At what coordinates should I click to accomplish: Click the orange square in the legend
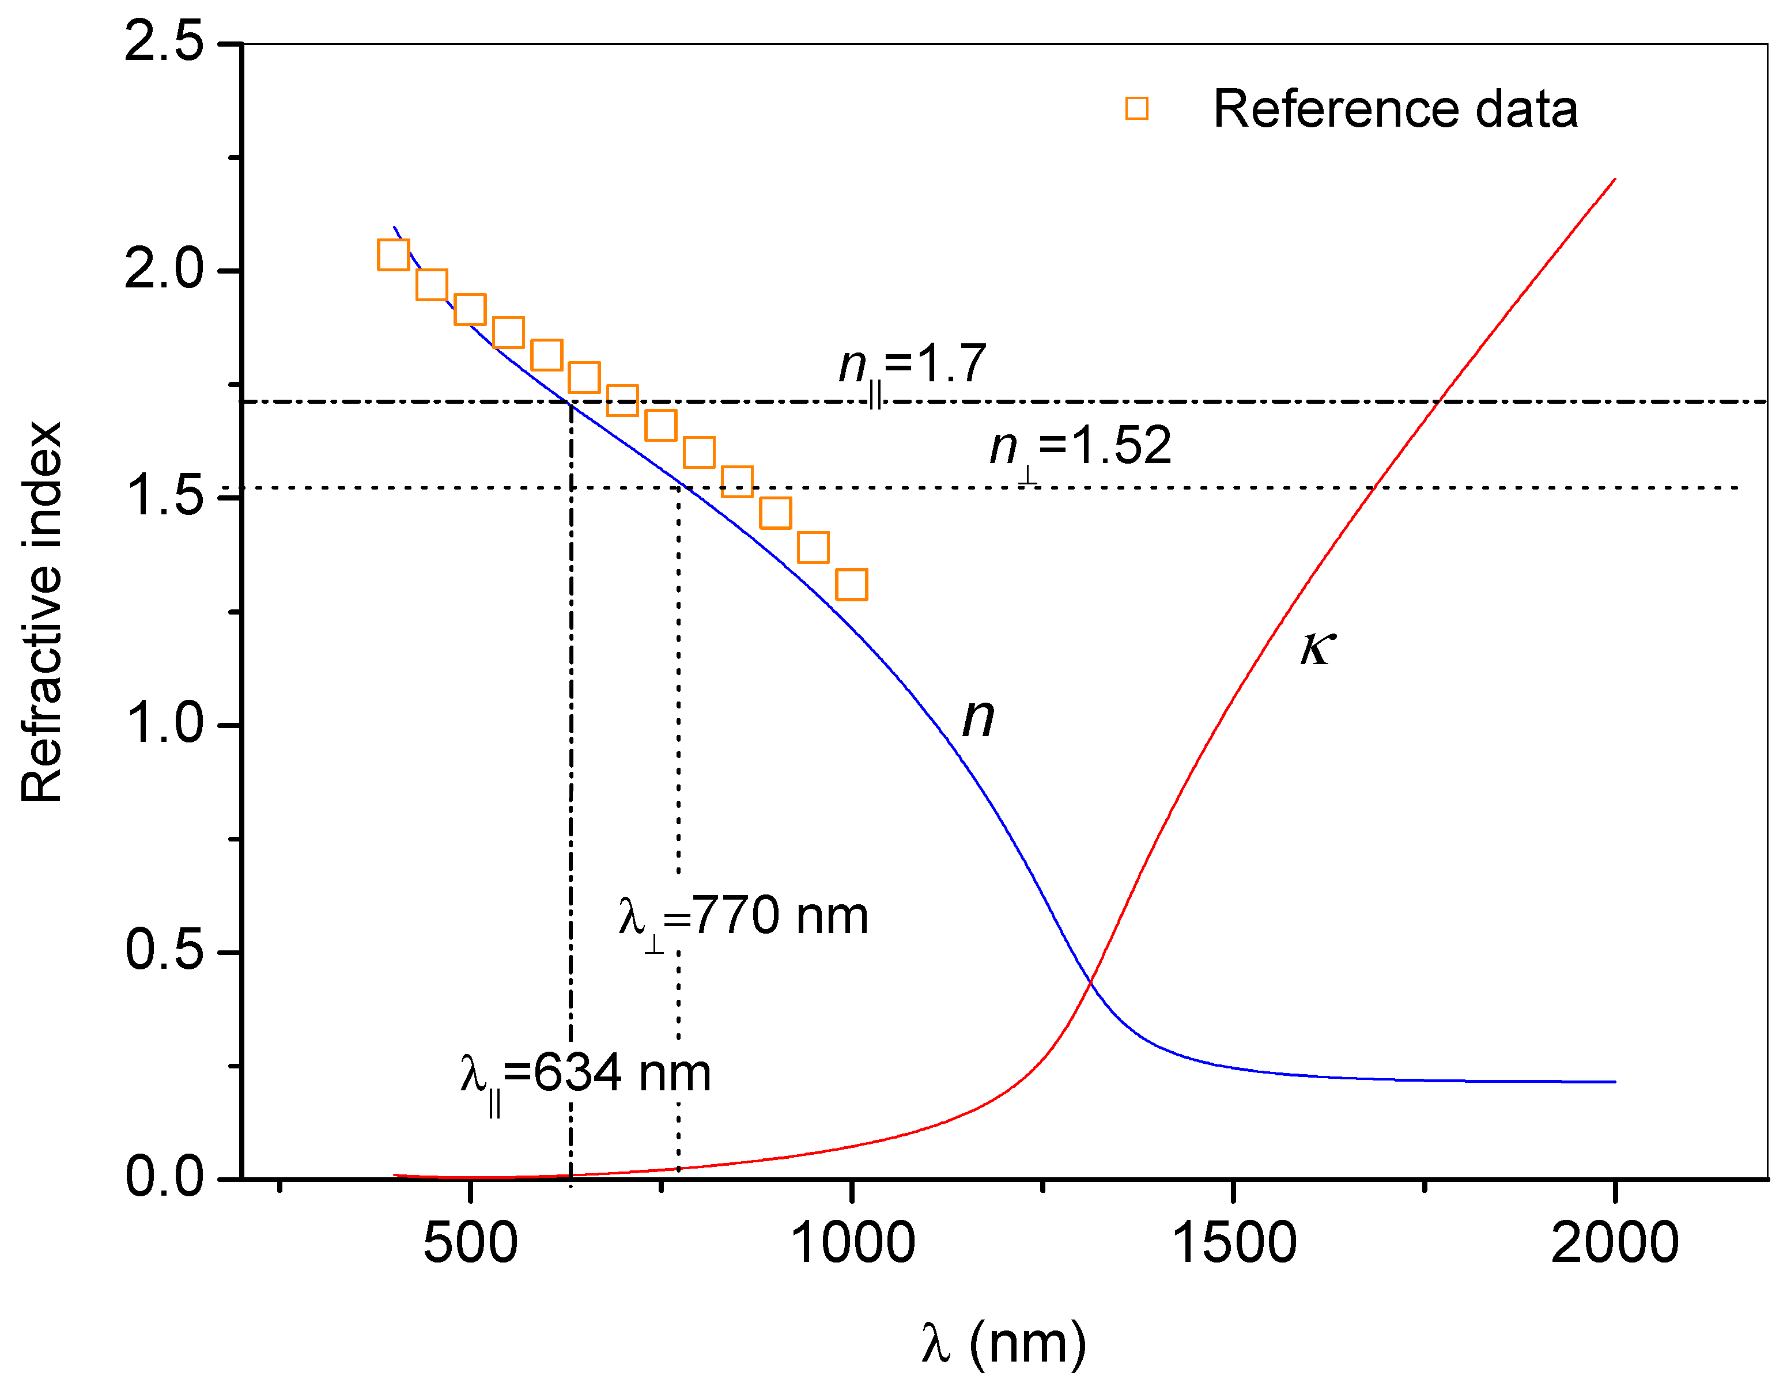point(1136,109)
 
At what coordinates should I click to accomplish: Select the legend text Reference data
point(1395,109)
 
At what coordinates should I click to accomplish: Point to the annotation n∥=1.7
point(912,367)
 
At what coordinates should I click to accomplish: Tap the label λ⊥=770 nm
point(743,920)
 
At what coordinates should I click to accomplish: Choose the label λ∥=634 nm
point(585,1078)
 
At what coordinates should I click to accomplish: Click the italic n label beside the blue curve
point(978,718)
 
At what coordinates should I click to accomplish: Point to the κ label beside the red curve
point(1317,648)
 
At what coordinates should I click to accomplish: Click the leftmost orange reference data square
point(394,255)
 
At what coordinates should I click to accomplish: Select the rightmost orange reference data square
point(852,585)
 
